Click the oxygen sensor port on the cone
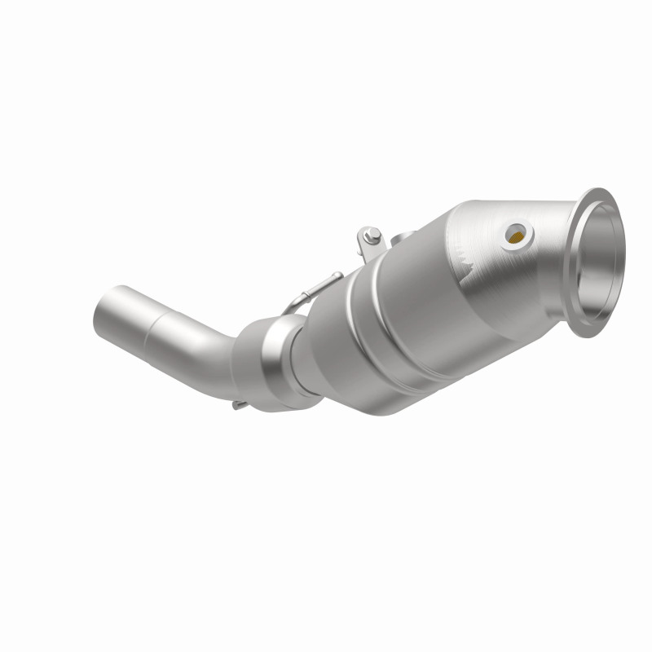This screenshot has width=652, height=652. point(517,235)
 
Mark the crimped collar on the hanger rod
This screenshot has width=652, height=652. point(322,284)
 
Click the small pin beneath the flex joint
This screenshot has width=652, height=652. point(236,405)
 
